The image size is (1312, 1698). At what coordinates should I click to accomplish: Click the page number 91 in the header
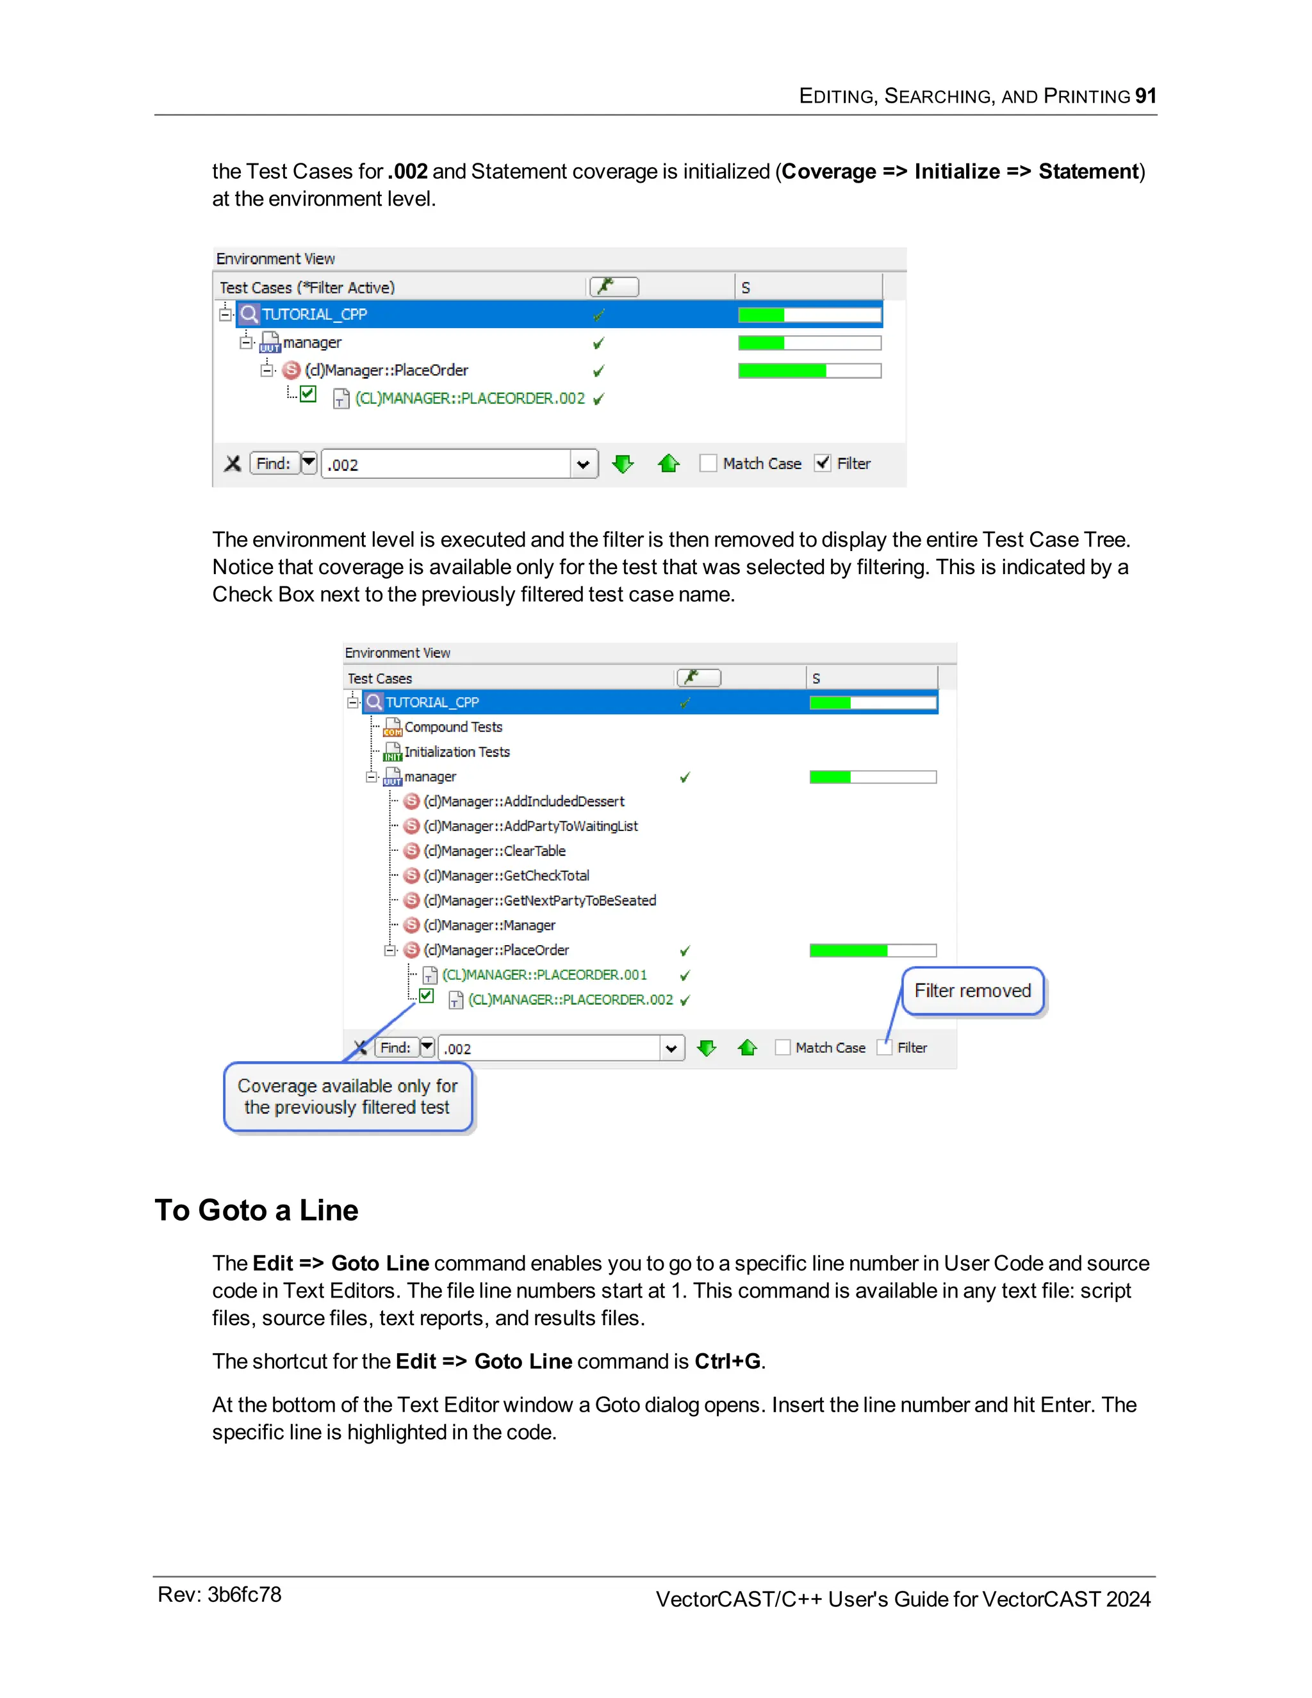click(1145, 95)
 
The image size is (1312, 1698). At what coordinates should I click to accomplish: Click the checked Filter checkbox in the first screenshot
click(823, 463)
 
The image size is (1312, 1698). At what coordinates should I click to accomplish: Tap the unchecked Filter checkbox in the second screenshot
click(883, 1047)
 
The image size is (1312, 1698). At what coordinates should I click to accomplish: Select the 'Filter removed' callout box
click(972, 991)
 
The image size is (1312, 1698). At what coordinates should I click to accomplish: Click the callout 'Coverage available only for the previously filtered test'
click(347, 1096)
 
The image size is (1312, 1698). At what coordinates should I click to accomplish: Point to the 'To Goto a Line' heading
click(256, 1210)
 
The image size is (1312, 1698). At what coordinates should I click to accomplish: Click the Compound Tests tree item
click(452, 727)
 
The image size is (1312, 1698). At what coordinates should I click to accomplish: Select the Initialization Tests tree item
click(456, 752)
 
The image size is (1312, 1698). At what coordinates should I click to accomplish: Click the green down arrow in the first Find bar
click(623, 464)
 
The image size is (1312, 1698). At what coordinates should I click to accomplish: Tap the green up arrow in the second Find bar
click(748, 1048)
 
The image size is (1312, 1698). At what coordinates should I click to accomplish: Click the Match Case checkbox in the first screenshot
click(708, 463)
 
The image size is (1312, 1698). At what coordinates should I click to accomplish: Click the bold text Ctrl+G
click(726, 1362)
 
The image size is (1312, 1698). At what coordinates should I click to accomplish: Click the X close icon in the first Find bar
click(233, 464)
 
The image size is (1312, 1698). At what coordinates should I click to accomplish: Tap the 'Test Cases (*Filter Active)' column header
click(307, 288)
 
